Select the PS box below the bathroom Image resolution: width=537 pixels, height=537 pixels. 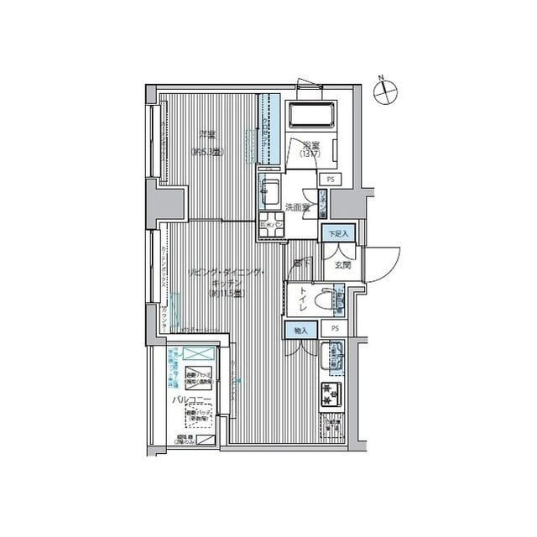pos(330,180)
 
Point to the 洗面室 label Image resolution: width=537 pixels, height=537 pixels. pos(297,206)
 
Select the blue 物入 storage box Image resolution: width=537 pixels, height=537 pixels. pos(300,330)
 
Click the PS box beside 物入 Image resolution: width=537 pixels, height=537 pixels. pos(335,329)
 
